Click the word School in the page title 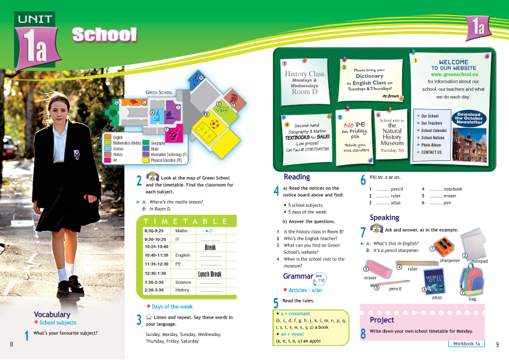104,34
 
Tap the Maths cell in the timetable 180,230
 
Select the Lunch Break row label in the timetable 209,274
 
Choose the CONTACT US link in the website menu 431,152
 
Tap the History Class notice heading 304,74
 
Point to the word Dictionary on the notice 369,76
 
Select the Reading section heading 297,177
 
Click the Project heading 382,320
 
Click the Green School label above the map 158,92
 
